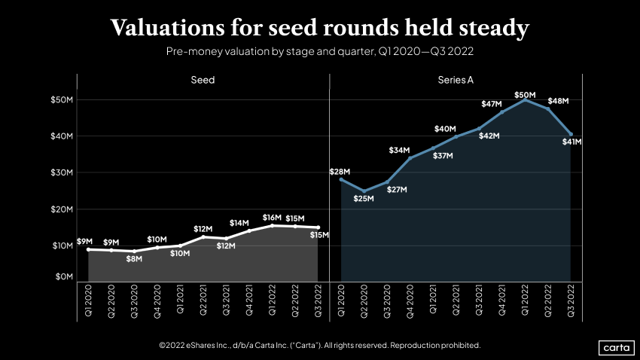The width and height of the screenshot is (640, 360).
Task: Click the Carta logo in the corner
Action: [x=615, y=347]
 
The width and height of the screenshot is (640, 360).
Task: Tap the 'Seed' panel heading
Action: [x=203, y=80]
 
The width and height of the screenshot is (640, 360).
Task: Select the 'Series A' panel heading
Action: [x=456, y=80]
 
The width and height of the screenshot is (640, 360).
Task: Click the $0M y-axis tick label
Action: [x=63, y=277]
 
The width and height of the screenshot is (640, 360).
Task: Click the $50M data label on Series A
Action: [x=526, y=95]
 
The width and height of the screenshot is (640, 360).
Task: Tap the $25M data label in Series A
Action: [x=364, y=199]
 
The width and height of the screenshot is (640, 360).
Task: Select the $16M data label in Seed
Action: [x=272, y=218]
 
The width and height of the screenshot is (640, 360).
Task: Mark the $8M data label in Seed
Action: [x=134, y=259]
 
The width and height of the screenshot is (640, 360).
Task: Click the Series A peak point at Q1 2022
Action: [x=525, y=100]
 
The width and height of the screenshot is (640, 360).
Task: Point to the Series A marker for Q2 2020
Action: [x=364, y=191]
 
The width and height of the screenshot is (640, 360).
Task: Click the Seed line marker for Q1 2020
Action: [x=88, y=249]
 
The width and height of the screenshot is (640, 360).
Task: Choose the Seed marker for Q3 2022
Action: [x=318, y=227]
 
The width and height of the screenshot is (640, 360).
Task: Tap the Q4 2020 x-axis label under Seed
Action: [x=157, y=301]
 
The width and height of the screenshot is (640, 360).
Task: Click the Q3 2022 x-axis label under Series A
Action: [x=571, y=301]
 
